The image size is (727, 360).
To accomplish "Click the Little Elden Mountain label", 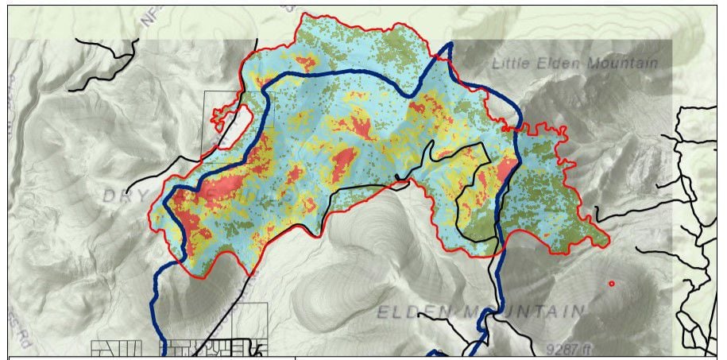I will tap(574, 64).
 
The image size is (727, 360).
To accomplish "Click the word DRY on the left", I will tap(123, 195).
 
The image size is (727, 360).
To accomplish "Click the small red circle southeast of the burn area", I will tap(611, 284).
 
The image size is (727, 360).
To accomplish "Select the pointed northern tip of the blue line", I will tap(449, 45).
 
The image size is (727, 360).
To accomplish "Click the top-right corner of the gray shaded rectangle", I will tap(672, 41).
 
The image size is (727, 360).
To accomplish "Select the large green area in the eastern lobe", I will tap(548, 199).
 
